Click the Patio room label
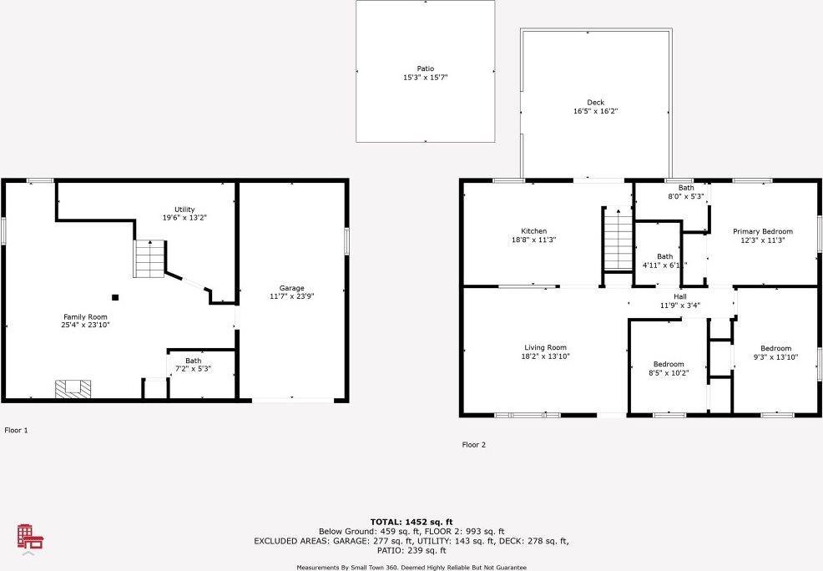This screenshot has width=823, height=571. click(x=426, y=73)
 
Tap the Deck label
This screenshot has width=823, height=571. click(x=595, y=107)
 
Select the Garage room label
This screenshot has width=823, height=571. click(x=291, y=291)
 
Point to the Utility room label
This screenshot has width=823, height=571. click(x=184, y=214)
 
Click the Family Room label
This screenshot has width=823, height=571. click(x=86, y=321)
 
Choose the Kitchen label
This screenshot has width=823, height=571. click(x=534, y=235)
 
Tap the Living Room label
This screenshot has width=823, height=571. click(x=546, y=351)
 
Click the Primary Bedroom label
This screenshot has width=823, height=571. click(x=763, y=235)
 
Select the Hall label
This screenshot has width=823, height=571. click(x=680, y=301)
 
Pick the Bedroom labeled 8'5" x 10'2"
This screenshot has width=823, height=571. click(x=669, y=368)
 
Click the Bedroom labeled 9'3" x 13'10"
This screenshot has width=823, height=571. click(x=775, y=352)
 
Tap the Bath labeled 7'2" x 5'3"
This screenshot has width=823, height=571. click(x=193, y=365)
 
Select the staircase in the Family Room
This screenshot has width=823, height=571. click(x=149, y=259)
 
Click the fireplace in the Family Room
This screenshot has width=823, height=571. click(x=73, y=388)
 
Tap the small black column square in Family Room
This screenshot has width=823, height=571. click(x=116, y=296)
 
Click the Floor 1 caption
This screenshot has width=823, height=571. click(x=16, y=431)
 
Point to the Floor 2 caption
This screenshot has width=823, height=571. click(x=474, y=445)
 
